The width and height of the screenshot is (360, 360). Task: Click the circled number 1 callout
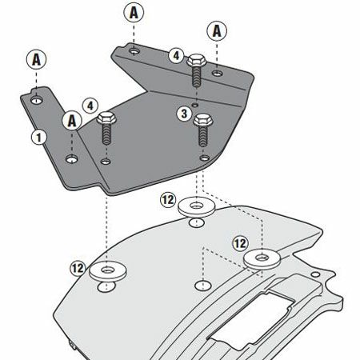39,137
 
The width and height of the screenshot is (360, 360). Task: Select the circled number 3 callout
184,114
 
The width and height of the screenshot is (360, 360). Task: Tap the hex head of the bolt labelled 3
203,120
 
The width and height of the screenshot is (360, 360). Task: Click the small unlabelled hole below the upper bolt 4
196,105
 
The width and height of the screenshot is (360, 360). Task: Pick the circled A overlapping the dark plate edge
72,121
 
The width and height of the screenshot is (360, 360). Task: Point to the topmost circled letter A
134,12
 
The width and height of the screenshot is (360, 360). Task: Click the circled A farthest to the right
217,30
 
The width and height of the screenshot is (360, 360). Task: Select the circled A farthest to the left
37,59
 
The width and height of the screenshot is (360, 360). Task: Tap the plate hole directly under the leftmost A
37,100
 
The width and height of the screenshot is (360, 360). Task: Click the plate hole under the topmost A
134,50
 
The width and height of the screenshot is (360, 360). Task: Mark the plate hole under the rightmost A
218,73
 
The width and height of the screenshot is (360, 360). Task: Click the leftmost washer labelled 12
108,271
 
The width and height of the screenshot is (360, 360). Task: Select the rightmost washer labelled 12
262,258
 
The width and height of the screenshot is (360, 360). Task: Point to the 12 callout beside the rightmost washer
241,243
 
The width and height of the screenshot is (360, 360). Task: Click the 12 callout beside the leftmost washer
78,268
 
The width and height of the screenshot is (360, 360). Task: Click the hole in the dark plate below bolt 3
205,158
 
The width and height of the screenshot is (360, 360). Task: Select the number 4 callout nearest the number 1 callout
90,106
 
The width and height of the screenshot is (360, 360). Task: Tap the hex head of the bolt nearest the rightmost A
197,60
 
